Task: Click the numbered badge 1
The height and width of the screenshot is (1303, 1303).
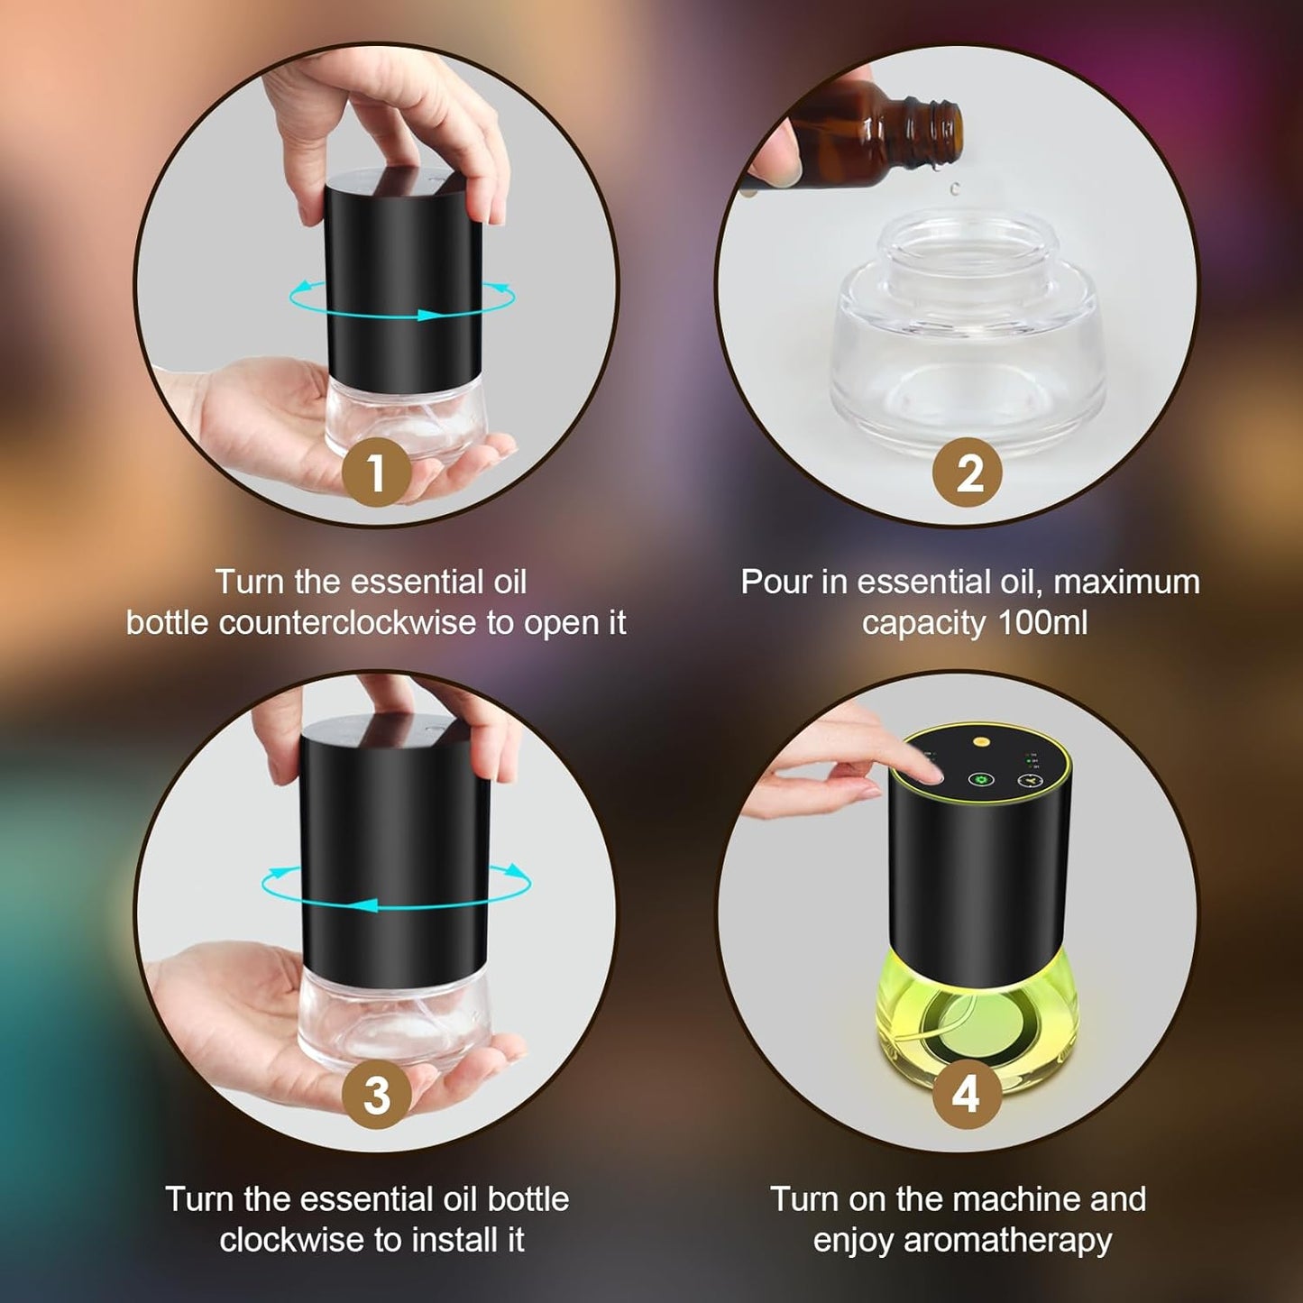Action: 376,472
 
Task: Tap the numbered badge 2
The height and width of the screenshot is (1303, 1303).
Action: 968,472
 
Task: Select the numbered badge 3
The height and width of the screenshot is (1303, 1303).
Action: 376,1095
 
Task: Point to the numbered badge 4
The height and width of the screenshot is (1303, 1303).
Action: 966,1094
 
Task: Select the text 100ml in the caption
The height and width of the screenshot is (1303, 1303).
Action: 1042,623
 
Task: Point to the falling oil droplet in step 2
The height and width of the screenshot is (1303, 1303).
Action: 954,188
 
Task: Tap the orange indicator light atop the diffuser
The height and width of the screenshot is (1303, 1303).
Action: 980,742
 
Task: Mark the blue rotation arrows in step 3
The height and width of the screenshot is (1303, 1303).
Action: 395,887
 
